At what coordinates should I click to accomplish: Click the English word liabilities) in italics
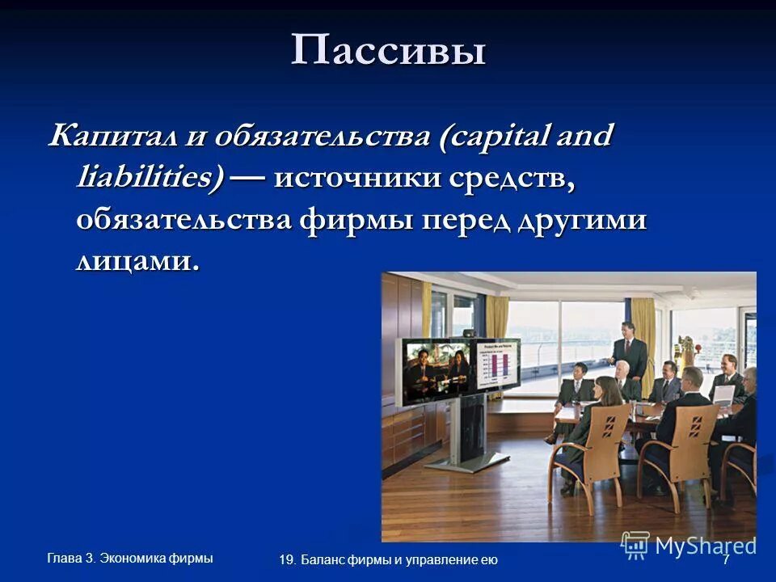pos(150,177)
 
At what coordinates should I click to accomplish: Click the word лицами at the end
pos(136,261)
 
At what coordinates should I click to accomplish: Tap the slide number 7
pos(725,560)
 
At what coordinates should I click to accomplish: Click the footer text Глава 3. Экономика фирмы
pos(130,557)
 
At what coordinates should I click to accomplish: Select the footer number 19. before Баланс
pos(289,560)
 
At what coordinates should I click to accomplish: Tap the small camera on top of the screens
pos(470,342)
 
